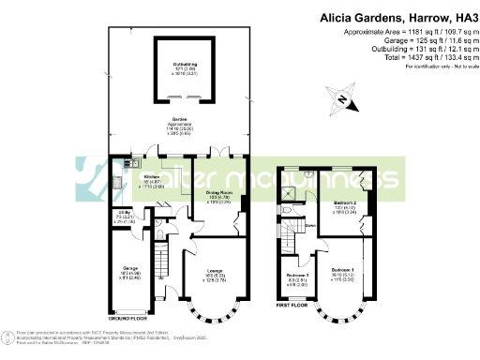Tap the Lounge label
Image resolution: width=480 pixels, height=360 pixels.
[217, 273]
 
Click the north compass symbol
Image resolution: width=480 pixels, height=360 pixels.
[344, 100]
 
